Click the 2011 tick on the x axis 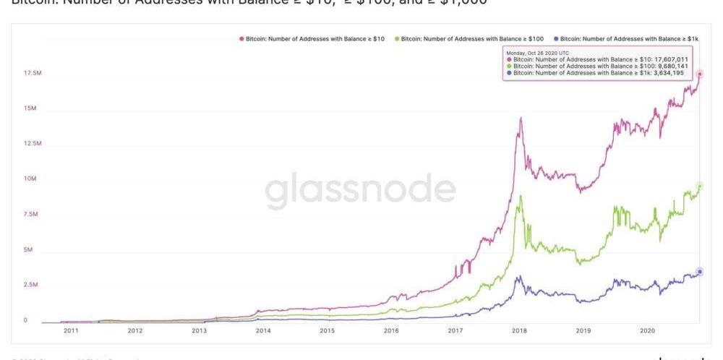click(70, 330)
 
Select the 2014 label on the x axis click(263, 330)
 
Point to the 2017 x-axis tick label click(455, 330)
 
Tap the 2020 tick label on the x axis click(648, 330)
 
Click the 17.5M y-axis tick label click(33, 74)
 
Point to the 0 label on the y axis click(26, 320)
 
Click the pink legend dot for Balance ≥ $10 click(241, 38)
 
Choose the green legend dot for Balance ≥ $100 click(396, 38)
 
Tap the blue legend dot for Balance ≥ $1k click(555, 38)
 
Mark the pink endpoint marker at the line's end click(699, 74)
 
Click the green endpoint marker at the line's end click(699, 186)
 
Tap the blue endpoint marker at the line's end click(699, 272)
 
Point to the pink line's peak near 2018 click(520, 118)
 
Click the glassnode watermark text click(360, 189)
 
